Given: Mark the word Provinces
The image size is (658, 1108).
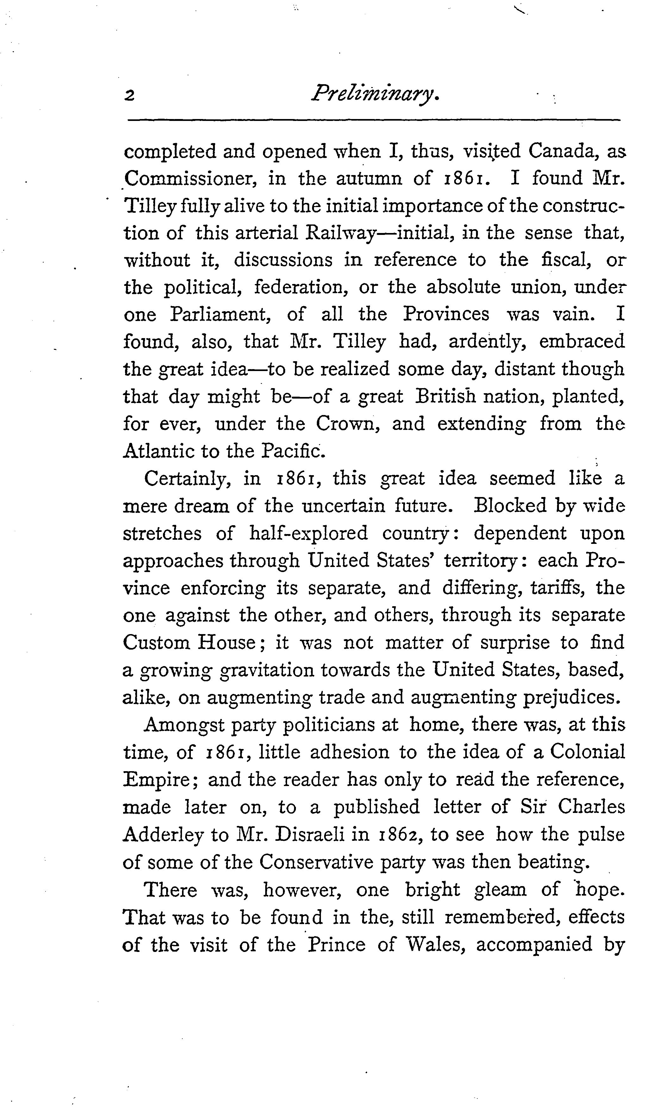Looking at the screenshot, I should pyautogui.click(x=446, y=315).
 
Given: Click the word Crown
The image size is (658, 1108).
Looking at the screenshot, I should pyautogui.click(x=348, y=424).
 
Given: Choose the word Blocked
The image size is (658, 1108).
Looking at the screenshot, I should pyautogui.click(x=510, y=506).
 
